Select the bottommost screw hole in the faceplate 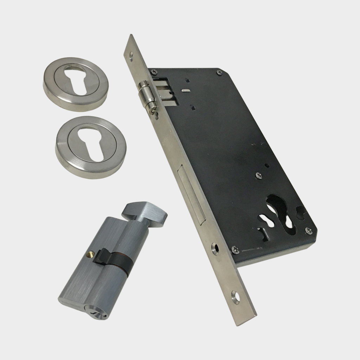(235, 297)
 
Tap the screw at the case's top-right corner (219, 72)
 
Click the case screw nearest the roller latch (154, 72)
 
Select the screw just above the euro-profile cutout (258, 175)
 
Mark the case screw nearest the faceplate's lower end (236, 251)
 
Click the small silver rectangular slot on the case (184, 91)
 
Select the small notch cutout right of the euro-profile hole (301, 212)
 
